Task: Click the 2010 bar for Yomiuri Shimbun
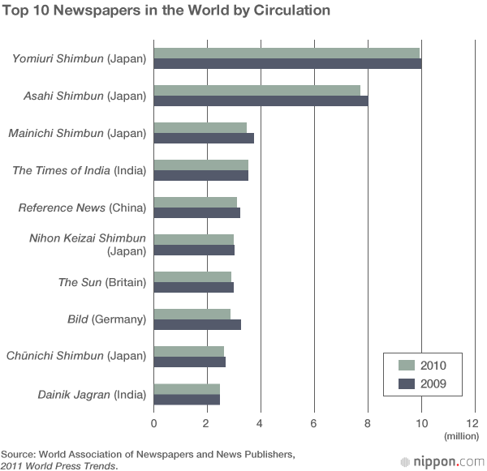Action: pos(287,54)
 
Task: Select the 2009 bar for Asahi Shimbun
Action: pos(261,101)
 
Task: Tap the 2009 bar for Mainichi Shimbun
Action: pos(204,138)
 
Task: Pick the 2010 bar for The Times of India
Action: pos(201,165)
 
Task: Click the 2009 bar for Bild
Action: pos(197,324)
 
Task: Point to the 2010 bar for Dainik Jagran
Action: pos(187,389)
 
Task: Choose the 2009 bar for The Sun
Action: pos(194,287)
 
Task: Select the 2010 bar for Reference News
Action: pos(196,203)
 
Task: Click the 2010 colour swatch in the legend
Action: pos(407,365)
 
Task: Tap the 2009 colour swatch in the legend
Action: pos(407,383)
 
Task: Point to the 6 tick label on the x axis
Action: pos(313,423)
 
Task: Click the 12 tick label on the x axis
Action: pos(472,423)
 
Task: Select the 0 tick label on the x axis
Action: pos(153,423)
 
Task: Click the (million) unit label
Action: pos(462,436)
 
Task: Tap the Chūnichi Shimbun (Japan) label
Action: pos(76,356)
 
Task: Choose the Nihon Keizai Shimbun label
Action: pos(88,238)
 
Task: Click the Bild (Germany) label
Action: pos(107,319)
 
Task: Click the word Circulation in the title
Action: pos(291,11)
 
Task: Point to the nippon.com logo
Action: pos(442,462)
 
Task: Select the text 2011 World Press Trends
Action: pos(58,465)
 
